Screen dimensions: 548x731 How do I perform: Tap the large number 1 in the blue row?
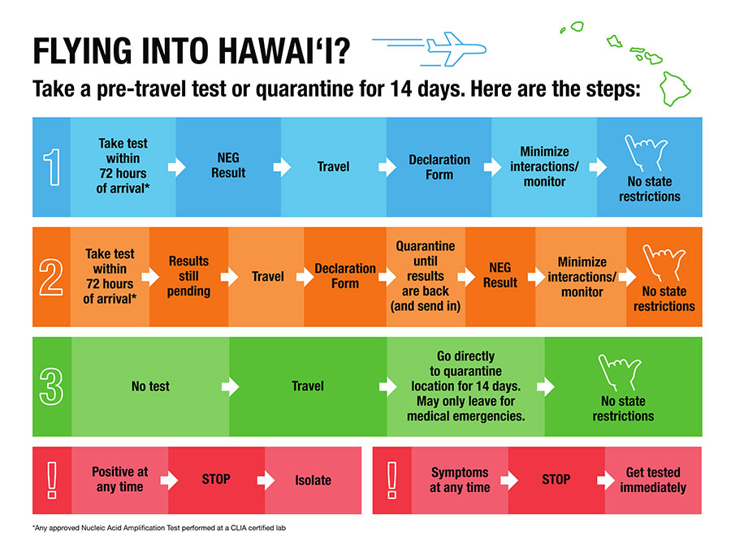point(51,166)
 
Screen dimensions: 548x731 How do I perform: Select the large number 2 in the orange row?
point(51,277)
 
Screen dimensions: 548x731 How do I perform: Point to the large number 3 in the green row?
point(51,386)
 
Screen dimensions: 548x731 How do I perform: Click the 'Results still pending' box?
point(188,276)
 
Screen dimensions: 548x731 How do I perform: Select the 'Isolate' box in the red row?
point(313,480)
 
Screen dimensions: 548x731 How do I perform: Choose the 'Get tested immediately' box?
point(652,480)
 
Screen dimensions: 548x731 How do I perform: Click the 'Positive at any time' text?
point(119,480)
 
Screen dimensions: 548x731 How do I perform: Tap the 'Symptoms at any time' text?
point(460,480)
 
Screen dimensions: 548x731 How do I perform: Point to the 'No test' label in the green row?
point(150,386)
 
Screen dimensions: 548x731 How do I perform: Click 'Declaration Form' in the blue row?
point(439,166)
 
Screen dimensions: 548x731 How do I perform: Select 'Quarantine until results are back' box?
point(425,276)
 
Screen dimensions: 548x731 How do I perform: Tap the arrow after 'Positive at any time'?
point(169,480)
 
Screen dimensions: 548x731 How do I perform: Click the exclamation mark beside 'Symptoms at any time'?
point(392,480)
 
